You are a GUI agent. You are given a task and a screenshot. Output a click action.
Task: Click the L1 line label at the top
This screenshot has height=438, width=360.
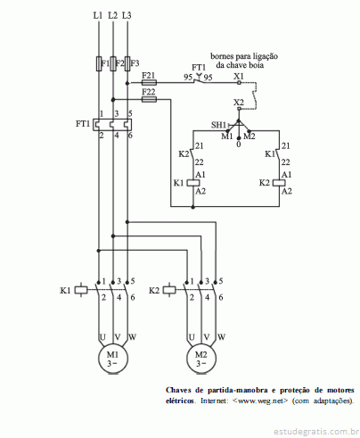[x=98, y=15]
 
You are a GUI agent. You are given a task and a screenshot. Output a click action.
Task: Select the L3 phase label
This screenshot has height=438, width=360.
[x=127, y=15]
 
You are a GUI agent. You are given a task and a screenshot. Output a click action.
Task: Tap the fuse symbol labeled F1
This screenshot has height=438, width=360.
[x=99, y=63]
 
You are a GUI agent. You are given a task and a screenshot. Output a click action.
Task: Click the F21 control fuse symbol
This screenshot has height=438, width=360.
[x=149, y=83]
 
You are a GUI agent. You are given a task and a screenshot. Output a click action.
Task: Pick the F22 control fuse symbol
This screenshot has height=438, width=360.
[x=149, y=99]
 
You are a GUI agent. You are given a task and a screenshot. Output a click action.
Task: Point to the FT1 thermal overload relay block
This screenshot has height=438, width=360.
[x=112, y=125]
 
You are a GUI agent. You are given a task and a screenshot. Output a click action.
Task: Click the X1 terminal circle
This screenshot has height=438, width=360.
[x=239, y=83]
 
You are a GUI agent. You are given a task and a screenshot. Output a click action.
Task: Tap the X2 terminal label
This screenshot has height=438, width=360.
[x=239, y=103]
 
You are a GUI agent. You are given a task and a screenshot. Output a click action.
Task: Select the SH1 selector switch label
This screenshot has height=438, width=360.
[x=218, y=125]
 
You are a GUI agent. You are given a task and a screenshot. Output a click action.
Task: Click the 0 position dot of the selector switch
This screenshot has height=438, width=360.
[x=239, y=138]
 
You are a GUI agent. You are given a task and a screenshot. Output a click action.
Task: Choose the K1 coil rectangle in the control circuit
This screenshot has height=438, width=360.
[x=193, y=183]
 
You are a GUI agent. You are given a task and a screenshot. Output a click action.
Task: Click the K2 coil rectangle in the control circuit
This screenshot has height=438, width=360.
[x=279, y=183]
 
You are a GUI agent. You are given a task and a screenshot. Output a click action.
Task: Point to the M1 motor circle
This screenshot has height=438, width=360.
[x=113, y=359]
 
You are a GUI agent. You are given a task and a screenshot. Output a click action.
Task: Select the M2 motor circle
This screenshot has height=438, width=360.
[x=201, y=359]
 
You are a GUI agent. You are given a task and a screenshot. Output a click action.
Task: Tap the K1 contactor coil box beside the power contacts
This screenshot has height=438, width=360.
[x=81, y=290]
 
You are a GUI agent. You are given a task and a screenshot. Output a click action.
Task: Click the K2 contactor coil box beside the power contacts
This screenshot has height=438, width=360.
[x=169, y=290]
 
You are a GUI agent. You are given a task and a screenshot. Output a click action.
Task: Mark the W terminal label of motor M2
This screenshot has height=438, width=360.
[x=221, y=337]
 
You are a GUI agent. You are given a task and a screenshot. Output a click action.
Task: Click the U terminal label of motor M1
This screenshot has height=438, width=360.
[x=102, y=337]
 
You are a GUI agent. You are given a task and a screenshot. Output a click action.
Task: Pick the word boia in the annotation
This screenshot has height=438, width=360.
[x=256, y=65]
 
